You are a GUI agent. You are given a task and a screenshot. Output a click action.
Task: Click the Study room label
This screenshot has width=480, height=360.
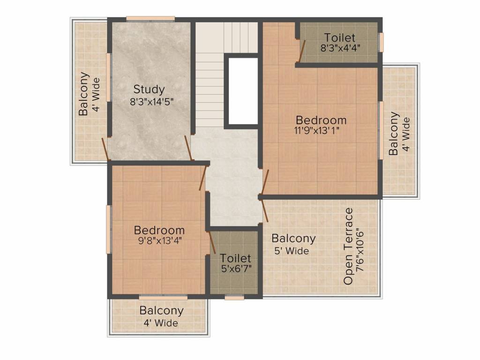click(x=149, y=90)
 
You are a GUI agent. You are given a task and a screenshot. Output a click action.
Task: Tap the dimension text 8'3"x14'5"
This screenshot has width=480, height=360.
click(x=152, y=102)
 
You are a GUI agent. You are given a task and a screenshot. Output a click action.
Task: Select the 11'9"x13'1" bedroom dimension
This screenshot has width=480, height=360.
click(x=316, y=131)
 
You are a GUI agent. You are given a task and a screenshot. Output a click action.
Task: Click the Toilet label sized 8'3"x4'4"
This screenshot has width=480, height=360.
click(x=339, y=37)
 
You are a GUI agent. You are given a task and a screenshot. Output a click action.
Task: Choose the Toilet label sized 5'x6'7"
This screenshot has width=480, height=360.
click(x=236, y=258)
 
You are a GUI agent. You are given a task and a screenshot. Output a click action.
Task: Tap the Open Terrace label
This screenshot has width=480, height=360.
click(x=348, y=247)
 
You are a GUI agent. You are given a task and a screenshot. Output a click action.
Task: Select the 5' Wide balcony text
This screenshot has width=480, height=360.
click(x=292, y=251)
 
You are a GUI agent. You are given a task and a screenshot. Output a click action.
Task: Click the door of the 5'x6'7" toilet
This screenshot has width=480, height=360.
click(x=212, y=242)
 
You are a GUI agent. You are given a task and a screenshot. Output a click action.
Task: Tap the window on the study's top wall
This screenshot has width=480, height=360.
click(x=150, y=19)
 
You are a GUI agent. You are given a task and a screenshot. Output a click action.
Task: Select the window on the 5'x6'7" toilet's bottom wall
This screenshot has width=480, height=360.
click(x=234, y=297)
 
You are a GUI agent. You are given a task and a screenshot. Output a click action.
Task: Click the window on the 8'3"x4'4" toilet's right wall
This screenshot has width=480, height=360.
click(x=381, y=42)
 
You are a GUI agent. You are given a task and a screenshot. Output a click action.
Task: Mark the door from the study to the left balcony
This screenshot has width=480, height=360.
click(x=106, y=149)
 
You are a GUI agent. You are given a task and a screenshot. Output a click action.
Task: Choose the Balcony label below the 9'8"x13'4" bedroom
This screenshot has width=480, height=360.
click(x=161, y=311)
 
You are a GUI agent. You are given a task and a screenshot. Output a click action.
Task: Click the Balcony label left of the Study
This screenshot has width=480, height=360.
click(x=83, y=94)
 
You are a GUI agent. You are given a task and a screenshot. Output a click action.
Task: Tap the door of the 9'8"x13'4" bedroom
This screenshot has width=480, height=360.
click(x=203, y=178)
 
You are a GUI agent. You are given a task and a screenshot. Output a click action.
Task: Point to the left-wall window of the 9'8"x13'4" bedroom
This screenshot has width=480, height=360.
click(x=108, y=229)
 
